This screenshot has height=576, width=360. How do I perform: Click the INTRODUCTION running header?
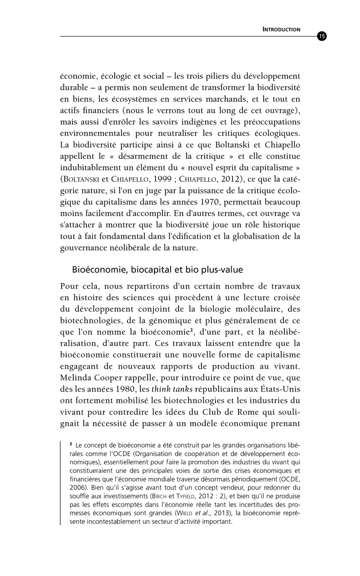281,30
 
